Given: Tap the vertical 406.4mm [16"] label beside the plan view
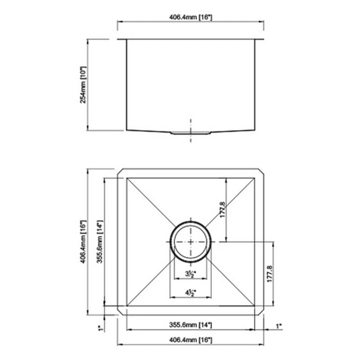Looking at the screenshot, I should (x=83, y=241).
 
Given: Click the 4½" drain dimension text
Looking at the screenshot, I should (x=189, y=292).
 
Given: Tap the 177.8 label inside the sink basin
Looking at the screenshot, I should (x=222, y=210).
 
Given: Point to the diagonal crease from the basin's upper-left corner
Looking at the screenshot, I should (x=148, y=200).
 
